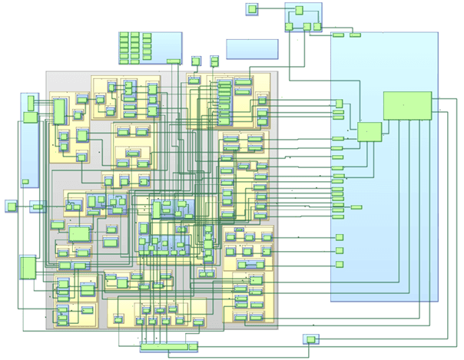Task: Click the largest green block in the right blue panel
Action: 407,105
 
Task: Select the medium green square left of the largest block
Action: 369,132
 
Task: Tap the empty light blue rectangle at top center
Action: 252,48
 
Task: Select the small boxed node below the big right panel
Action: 310,339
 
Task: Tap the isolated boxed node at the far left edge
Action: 10,206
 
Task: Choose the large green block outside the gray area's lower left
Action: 27,267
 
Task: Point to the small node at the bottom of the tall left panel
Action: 25,181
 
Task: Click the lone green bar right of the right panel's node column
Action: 356,206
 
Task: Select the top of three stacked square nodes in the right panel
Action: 339,238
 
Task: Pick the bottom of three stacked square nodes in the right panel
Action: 339,264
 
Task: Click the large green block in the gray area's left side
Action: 79,233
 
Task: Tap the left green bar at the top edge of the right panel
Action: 338,35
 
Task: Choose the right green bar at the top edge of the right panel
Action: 355,35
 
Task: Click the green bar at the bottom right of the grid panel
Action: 174,61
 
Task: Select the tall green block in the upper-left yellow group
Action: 58,111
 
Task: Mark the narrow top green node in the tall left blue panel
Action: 31,102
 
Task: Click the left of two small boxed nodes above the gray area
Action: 196,60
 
